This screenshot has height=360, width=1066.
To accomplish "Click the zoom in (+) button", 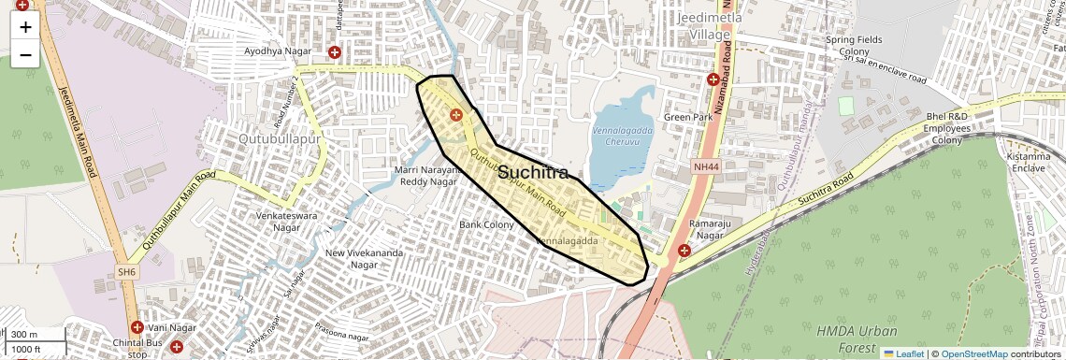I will (x=25, y=26).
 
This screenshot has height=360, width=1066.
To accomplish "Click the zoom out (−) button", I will (x=25, y=54).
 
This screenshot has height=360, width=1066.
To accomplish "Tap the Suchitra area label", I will (x=532, y=173).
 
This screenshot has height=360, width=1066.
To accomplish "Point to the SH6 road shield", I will (x=128, y=271).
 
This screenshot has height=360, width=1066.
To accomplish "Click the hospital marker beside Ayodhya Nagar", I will (x=334, y=51).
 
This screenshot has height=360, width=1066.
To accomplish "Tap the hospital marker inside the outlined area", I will (x=456, y=115).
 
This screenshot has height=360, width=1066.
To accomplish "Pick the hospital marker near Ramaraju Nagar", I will (x=684, y=251).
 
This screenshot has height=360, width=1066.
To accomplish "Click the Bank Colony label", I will (x=486, y=224).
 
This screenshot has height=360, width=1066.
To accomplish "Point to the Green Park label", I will (x=688, y=117).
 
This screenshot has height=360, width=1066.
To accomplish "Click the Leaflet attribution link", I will (x=903, y=353).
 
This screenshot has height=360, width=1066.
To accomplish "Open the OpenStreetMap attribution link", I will (x=974, y=353).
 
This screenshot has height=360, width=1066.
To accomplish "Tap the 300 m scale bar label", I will (x=25, y=335).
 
